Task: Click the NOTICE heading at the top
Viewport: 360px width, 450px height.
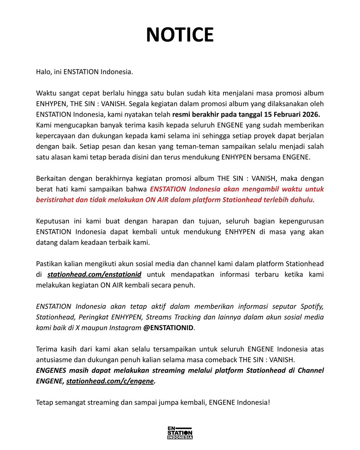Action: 180,34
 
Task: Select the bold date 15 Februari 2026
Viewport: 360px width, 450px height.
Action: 287,114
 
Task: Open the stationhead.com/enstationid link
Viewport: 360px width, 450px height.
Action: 94,274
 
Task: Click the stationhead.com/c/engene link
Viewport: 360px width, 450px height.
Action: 110,381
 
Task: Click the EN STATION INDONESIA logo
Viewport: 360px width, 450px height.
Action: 180,432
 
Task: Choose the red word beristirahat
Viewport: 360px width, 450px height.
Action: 55,199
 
